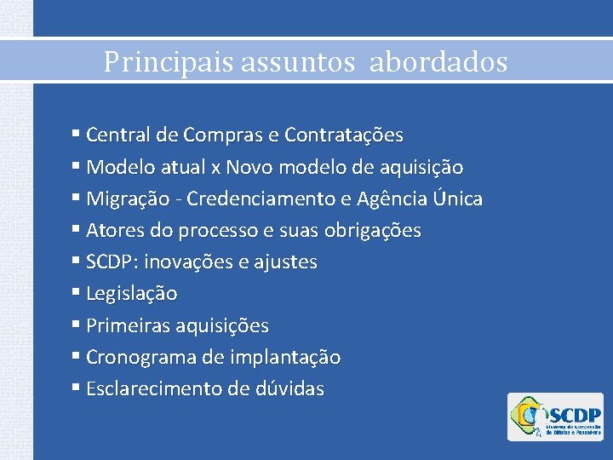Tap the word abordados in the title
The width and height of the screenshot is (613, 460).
[438, 62]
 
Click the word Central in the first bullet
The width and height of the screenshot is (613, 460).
[117, 135]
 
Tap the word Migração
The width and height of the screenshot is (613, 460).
[123, 199]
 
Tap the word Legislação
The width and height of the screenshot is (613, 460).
[132, 294]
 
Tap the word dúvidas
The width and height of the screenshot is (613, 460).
[289, 389]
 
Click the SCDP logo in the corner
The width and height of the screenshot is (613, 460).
[555, 417]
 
